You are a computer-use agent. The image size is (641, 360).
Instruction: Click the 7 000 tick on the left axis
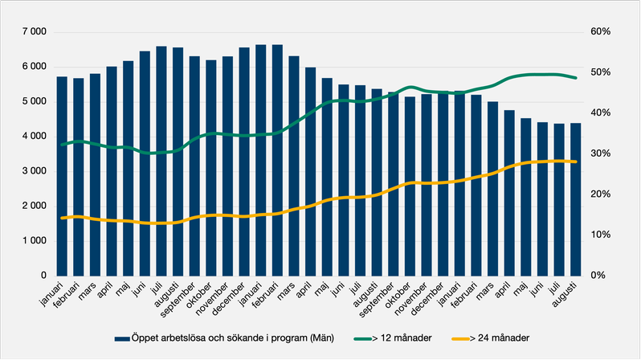click(x=34, y=32)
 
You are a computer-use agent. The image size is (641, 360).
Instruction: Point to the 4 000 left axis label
click(x=34, y=137)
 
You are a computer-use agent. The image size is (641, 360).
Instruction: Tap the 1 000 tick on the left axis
click(x=34, y=240)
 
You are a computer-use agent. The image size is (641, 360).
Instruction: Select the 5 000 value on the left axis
click(x=34, y=101)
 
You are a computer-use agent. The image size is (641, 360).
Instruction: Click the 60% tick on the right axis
click(x=602, y=32)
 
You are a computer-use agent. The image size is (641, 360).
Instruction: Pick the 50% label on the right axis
click(x=602, y=72)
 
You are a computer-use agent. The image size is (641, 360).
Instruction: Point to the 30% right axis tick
click(x=602, y=153)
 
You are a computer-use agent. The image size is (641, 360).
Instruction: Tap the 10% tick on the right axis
click(x=602, y=235)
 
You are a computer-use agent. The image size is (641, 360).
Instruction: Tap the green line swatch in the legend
click(x=365, y=338)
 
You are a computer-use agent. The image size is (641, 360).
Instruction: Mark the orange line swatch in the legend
click(x=458, y=338)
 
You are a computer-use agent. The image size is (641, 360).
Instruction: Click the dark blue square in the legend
click(x=122, y=338)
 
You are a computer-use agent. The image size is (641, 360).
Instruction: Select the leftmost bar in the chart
click(x=62, y=176)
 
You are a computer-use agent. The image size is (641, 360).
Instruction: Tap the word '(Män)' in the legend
click(x=319, y=338)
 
